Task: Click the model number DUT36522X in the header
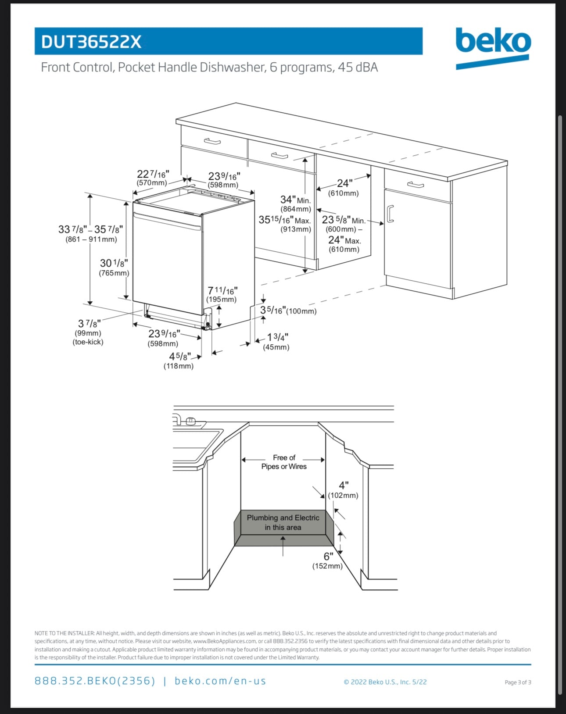point(91,42)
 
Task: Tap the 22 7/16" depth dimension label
point(152,178)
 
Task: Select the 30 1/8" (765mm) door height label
point(114,267)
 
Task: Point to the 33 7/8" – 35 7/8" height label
point(90,233)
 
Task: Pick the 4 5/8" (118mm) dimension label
point(179,361)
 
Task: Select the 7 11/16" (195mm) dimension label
point(222,294)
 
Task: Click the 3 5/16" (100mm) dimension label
point(287,311)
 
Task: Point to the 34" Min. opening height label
point(295,204)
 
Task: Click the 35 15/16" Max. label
point(285,224)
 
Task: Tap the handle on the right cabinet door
point(390,214)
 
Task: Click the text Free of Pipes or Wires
point(284,462)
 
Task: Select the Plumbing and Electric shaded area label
point(283,522)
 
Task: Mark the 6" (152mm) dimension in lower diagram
point(328,560)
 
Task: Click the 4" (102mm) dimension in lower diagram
point(343,489)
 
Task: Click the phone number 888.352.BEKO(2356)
point(95,681)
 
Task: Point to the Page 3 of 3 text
point(518,682)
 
